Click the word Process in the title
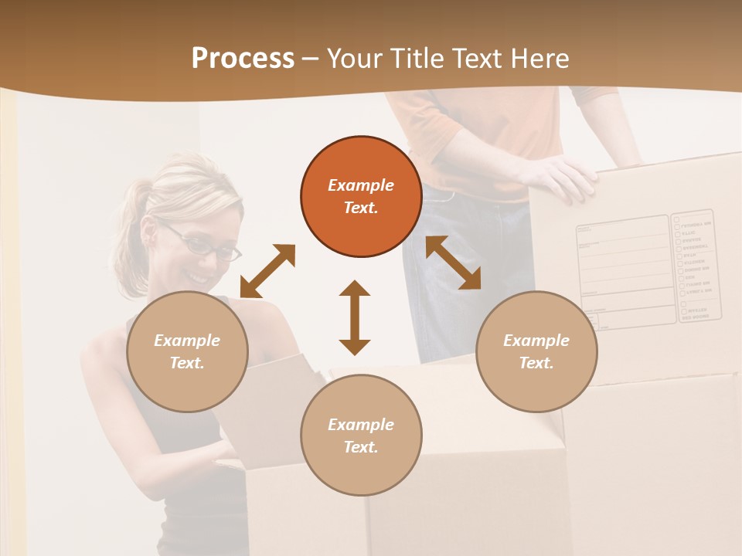tap(243, 59)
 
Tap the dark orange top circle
tap(361, 197)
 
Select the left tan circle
tap(187, 351)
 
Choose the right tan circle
tap(536, 351)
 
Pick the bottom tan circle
tap(361, 436)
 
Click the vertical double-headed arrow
tap(355, 317)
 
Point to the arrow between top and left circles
tap(267, 271)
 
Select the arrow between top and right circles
tap(454, 263)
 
